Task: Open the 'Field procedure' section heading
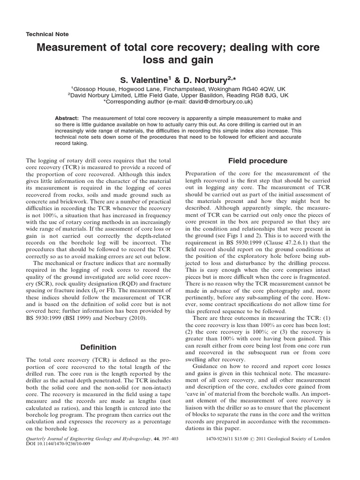(257, 161)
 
